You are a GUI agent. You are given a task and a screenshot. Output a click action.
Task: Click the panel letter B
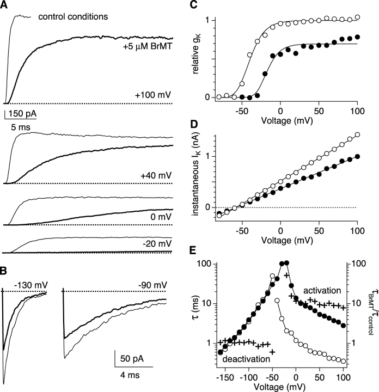(x=5, y=267)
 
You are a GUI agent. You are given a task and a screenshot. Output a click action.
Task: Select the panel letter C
(x=202, y=5)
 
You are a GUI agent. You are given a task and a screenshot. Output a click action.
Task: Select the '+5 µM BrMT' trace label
(x=149, y=47)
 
